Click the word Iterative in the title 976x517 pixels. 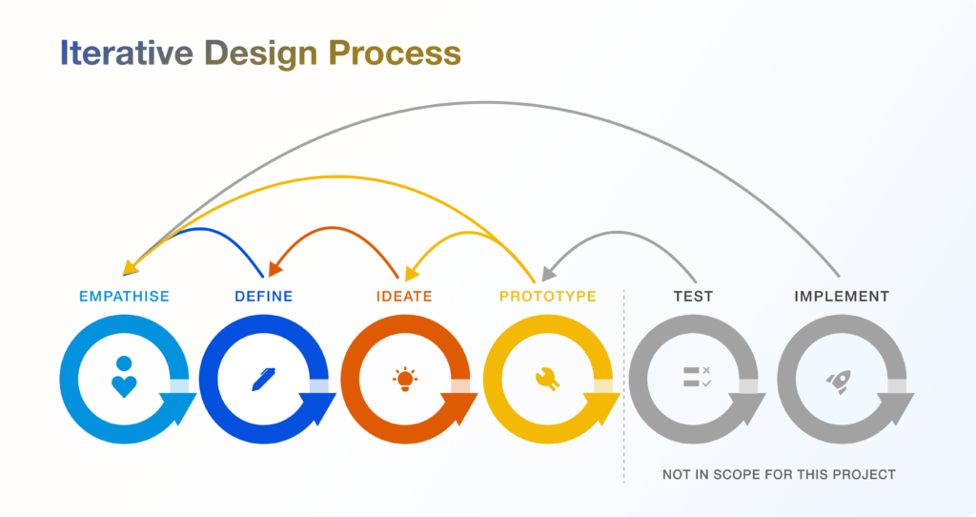(127, 53)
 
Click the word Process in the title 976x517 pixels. (395, 53)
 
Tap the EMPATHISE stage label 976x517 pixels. (125, 297)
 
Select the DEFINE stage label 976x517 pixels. (264, 297)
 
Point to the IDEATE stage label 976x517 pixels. (404, 297)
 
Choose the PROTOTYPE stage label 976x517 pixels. (548, 297)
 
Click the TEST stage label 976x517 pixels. (694, 297)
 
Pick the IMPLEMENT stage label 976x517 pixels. (842, 297)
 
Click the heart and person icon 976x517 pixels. (124, 377)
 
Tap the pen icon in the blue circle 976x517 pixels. (263, 380)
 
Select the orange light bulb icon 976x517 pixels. (404, 379)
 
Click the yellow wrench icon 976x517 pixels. (547, 380)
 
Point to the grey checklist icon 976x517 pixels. (697, 377)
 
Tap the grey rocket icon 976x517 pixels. (838, 382)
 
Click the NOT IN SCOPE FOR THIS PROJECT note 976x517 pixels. (779, 475)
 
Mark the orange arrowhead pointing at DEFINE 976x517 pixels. (274, 268)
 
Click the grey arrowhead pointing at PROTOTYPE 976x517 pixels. (548, 273)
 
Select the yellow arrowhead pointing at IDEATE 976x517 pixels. (412, 273)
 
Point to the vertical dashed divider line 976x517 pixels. (623, 386)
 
